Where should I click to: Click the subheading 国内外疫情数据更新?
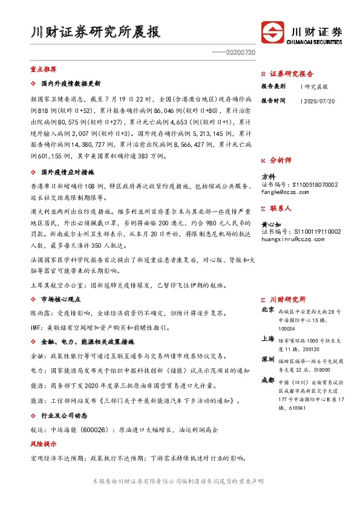70,83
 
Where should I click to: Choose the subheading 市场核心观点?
62,299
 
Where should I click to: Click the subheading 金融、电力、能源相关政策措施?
85,342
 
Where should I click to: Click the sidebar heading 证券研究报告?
291,74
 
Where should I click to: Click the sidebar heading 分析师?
280,161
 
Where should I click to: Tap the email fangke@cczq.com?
283,193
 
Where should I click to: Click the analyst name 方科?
269,177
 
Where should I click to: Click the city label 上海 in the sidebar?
267,340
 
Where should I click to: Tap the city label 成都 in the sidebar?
267,381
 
